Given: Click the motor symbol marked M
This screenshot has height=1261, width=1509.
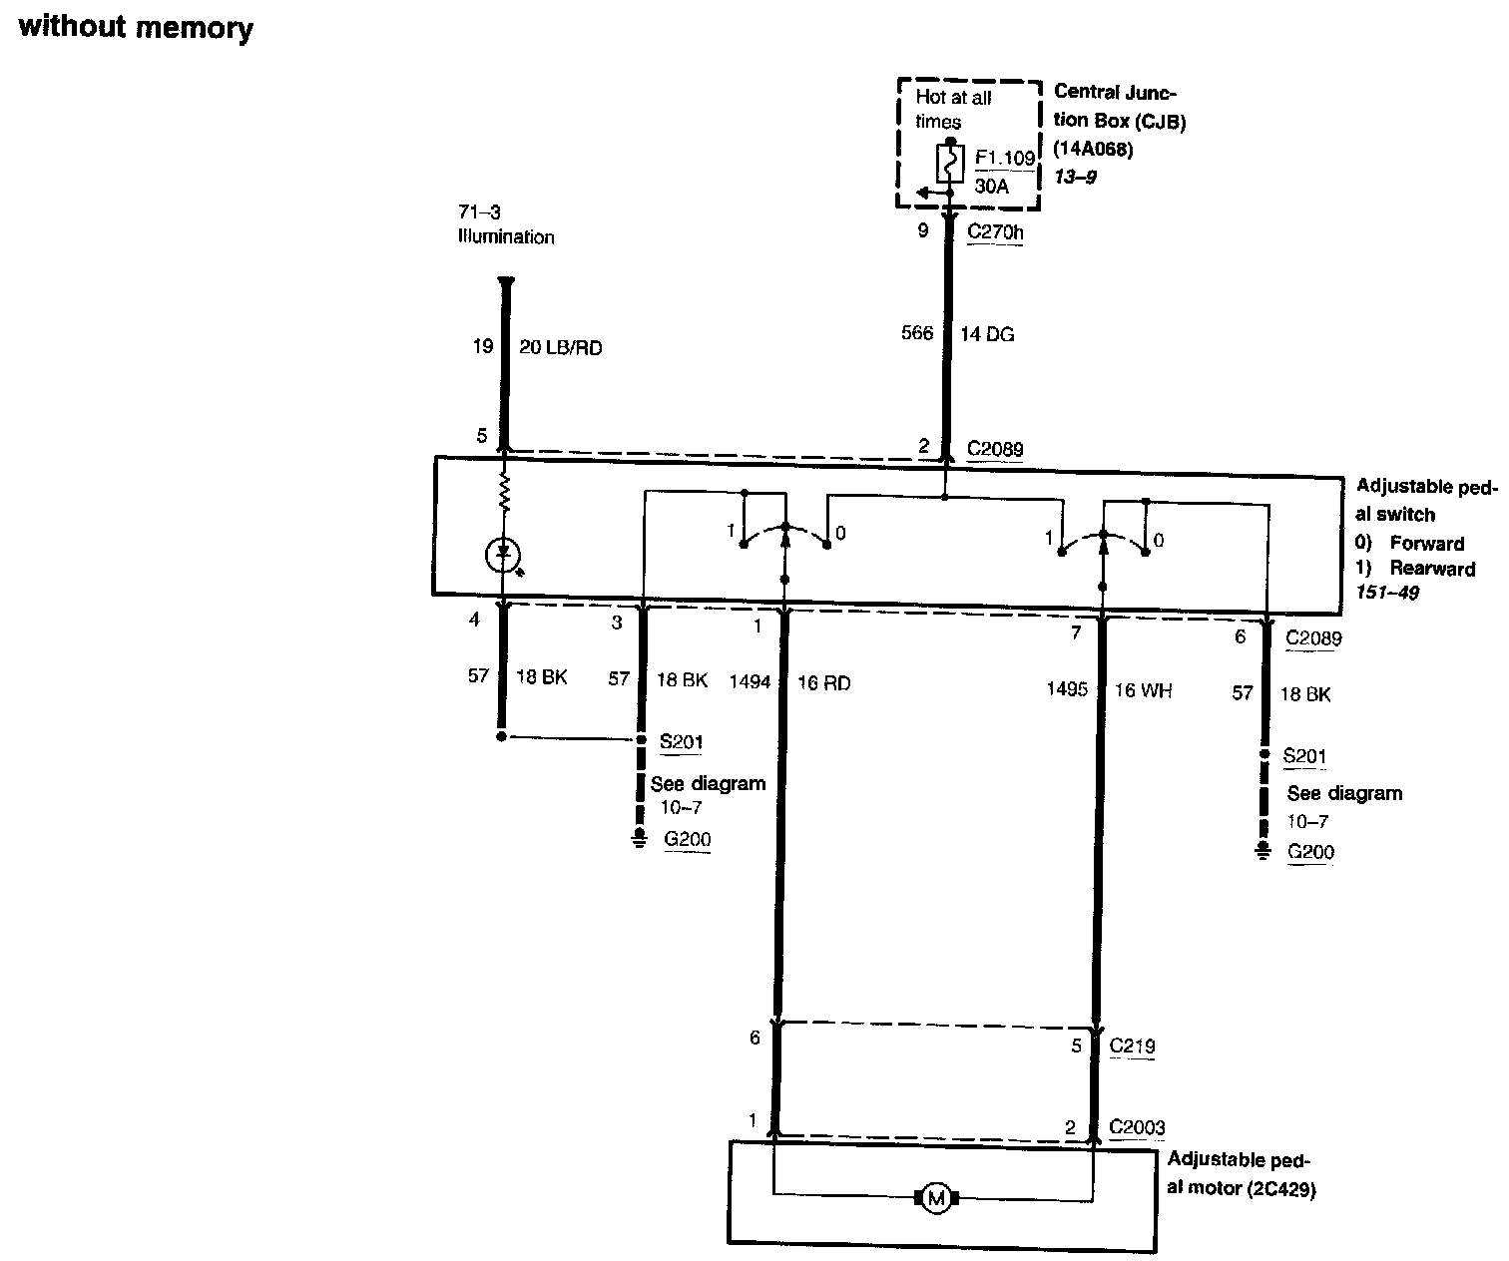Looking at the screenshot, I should (935, 1198).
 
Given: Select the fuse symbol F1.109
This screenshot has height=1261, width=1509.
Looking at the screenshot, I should (950, 163).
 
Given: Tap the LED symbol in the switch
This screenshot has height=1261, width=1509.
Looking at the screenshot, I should (504, 555).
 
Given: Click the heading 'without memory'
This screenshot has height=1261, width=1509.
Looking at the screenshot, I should (136, 27).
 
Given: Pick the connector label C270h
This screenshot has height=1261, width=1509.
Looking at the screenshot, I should (995, 232).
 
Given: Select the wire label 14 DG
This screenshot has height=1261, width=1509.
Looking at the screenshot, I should (987, 334).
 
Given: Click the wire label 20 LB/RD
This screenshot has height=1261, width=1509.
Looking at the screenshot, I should (560, 347).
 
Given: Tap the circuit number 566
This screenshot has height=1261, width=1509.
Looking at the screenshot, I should (917, 333).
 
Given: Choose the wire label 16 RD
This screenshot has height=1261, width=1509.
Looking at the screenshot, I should (823, 682).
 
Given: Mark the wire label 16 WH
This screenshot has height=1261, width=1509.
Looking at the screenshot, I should (1143, 690).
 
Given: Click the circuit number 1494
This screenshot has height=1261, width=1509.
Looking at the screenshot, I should (750, 682).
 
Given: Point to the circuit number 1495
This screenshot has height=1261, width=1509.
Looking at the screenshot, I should (1066, 689).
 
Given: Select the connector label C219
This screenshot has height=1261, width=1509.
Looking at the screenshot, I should (1132, 1047).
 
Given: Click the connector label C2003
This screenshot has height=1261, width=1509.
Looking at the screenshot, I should (1136, 1127).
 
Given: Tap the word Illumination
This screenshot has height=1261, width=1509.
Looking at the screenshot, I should (505, 237).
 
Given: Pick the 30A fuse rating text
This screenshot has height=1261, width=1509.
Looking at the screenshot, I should (991, 186).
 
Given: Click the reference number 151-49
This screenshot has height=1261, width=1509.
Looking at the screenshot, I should (1386, 593).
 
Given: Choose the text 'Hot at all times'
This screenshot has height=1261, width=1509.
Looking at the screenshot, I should (953, 110).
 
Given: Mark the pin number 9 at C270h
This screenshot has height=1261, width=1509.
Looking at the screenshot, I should (923, 231).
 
